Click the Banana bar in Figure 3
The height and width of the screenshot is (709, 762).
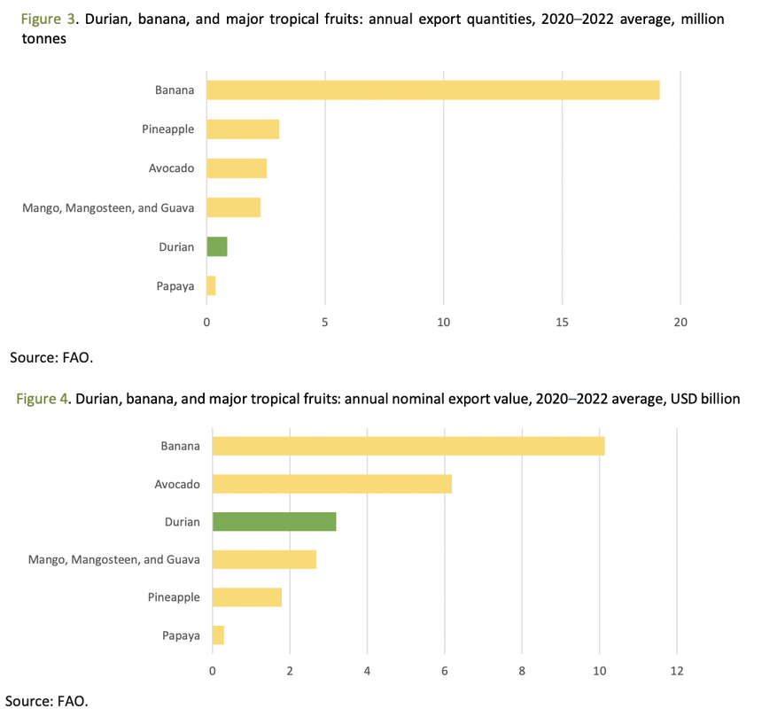[432, 90]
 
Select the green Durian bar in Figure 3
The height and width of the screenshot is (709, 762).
[217, 246]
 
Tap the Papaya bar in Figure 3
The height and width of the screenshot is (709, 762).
[211, 285]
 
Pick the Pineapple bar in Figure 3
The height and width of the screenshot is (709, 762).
[243, 129]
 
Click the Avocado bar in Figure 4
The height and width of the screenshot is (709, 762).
[332, 484]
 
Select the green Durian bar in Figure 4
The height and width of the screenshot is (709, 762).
[275, 522]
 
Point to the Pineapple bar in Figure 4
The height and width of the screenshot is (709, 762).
[247, 597]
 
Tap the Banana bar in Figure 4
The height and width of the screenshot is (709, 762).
[408, 446]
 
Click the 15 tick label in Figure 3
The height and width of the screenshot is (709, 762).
[563, 323]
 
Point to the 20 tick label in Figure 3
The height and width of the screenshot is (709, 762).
[680, 323]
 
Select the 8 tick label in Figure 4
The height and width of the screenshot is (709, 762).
[522, 671]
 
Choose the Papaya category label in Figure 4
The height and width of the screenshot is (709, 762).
[180, 635]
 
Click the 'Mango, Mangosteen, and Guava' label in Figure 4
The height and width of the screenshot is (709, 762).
[113, 559]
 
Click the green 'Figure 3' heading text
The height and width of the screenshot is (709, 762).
[40, 19]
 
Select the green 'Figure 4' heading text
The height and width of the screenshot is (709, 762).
[43, 399]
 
